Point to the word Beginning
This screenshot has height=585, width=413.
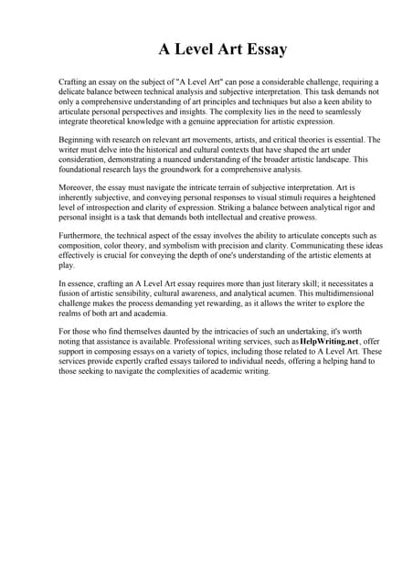(x=79, y=140)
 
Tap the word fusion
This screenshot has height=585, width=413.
(x=71, y=293)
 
